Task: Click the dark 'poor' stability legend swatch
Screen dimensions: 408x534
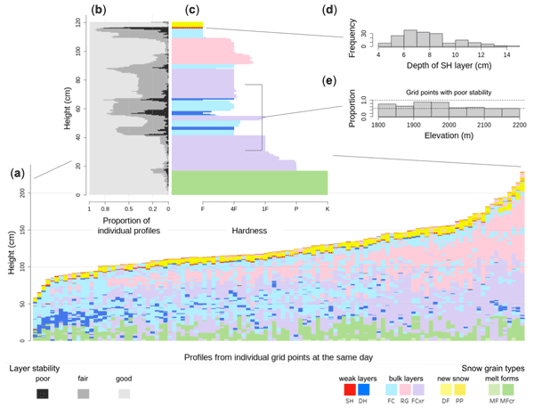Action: point(43,393)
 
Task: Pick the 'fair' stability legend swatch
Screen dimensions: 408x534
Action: point(82,393)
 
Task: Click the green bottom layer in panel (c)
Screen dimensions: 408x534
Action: point(249,183)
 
